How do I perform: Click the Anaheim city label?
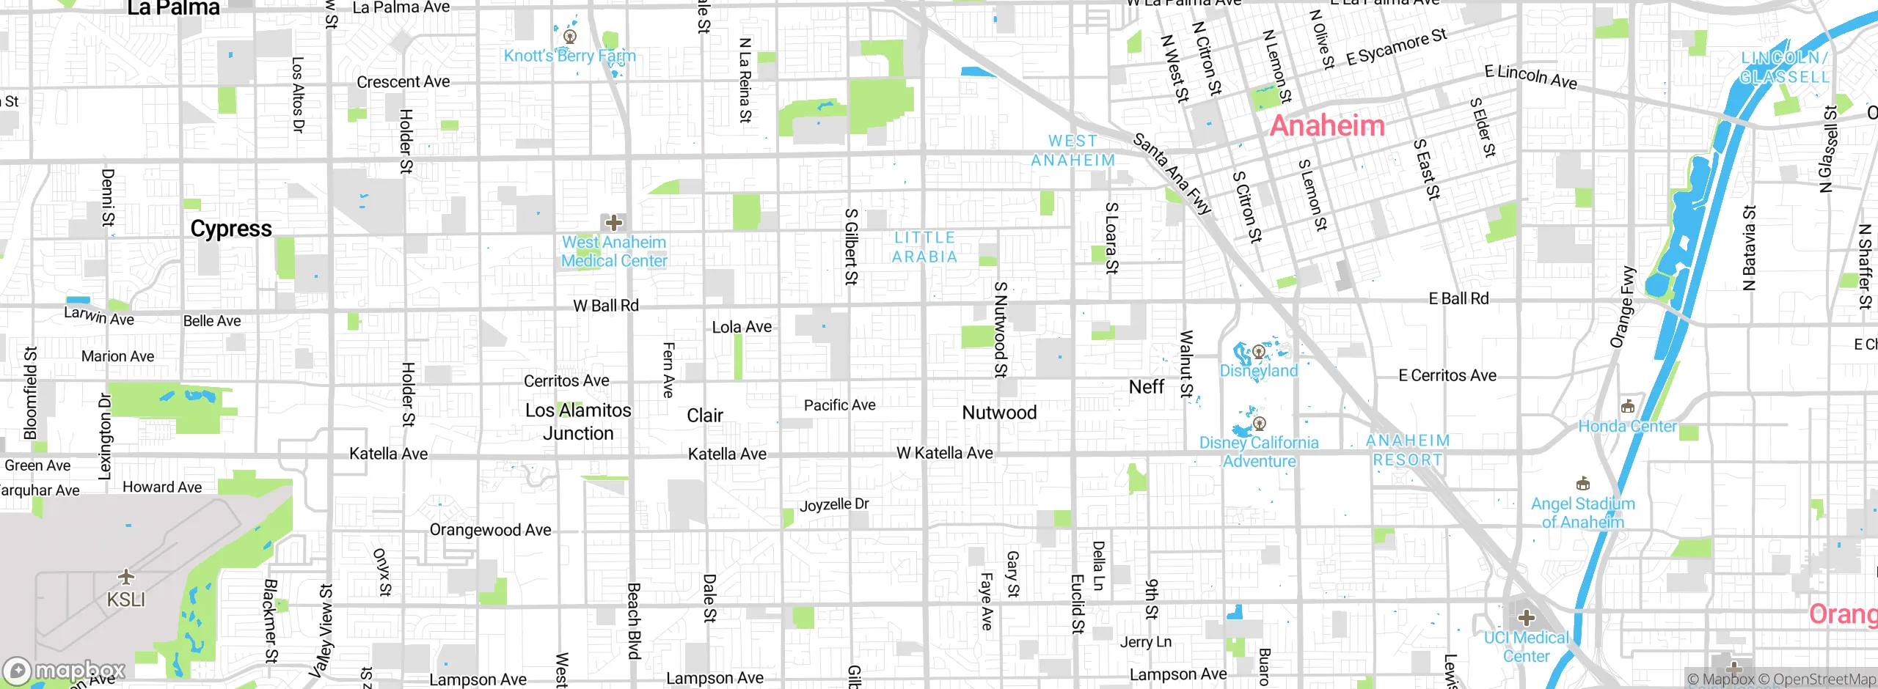1327,126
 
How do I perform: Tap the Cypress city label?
231,229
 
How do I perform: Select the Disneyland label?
1259,371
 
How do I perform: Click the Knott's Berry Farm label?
569,56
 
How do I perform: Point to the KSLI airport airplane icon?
126,576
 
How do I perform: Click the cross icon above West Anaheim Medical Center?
614,223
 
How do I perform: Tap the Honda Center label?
1627,427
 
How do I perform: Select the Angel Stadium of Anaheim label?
1583,513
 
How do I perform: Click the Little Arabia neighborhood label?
924,247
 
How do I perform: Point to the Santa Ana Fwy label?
1172,174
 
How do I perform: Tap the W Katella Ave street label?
945,454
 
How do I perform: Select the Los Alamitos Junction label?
578,421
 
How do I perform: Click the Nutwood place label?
999,413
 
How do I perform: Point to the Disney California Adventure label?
1259,452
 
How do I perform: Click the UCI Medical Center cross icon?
1527,618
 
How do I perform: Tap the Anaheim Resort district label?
1408,450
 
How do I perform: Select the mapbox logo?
65,671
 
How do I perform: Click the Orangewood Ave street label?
490,530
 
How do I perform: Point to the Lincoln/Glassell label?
1784,67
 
